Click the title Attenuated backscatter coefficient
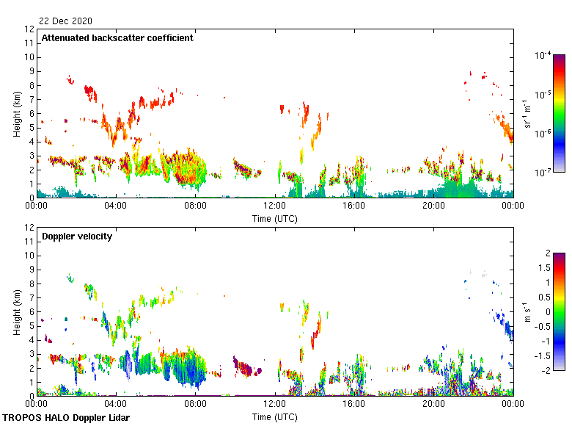point(117,38)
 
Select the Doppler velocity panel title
point(76,236)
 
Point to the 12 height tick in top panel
point(30,29)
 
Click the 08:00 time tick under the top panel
point(196,206)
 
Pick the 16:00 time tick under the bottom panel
point(354,403)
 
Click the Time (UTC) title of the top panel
point(275,218)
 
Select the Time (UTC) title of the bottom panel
point(275,416)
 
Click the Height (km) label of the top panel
point(16,113)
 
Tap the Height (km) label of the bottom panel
point(16,311)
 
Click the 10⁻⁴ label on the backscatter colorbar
point(543,56)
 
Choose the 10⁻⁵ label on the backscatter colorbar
point(543,95)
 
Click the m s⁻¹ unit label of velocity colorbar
point(527,311)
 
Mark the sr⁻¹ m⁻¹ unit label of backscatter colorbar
point(527,113)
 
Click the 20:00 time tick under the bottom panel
point(433,403)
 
